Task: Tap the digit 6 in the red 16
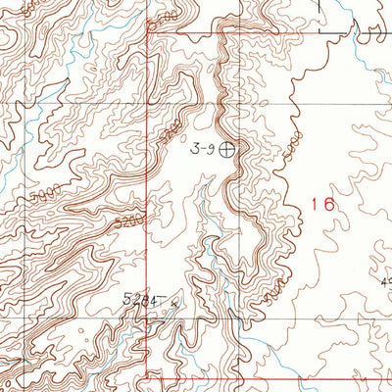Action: pos(329,204)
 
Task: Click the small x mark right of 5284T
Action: pos(175,303)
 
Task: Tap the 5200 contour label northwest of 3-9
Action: pos(172,128)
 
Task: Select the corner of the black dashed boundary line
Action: pos(350,31)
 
